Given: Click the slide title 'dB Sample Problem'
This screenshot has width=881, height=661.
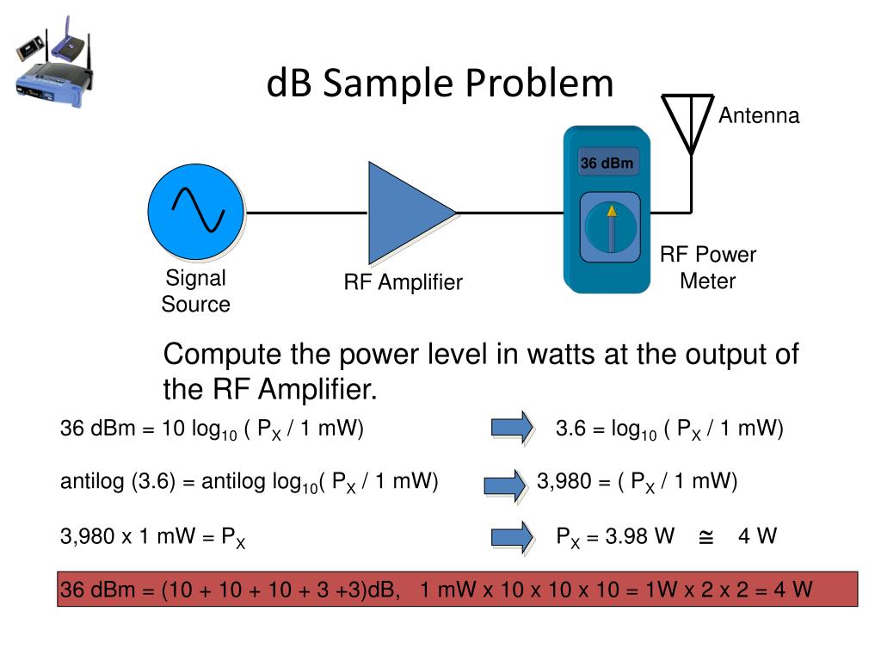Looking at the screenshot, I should [x=440, y=83].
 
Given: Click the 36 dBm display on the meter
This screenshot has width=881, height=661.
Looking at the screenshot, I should [x=608, y=163].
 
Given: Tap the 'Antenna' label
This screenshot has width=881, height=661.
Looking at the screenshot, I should [x=759, y=115].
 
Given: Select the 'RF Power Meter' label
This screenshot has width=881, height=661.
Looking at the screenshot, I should [x=708, y=268].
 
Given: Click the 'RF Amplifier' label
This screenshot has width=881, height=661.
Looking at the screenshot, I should [x=404, y=282].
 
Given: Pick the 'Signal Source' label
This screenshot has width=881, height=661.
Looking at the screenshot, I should [x=196, y=291].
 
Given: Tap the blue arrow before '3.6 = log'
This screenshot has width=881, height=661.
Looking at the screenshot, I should [x=512, y=428].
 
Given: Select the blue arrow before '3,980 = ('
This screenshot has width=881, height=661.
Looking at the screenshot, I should [x=506, y=485].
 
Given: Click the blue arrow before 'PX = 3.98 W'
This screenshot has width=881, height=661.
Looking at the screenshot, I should [x=512, y=537].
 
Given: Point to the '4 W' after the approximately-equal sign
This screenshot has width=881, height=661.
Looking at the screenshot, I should [x=757, y=537].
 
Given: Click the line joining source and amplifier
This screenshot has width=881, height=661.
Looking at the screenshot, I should [x=306, y=212].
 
